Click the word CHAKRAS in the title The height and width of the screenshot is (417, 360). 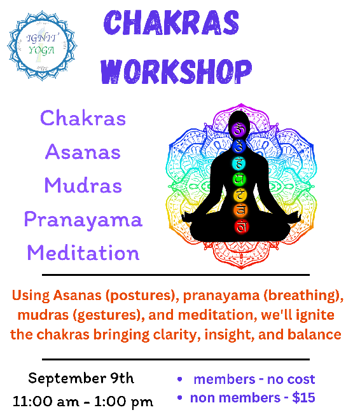(x=171, y=23)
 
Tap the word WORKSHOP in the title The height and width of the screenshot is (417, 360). (x=176, y=71)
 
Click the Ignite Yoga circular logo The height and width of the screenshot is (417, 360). (x=42, y=46)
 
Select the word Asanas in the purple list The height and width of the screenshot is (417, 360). (x=83, y=152)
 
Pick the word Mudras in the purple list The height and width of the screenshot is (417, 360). (x=83, y=185)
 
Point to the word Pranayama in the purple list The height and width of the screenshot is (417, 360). (x=83, y=220)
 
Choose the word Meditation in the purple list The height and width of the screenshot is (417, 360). (x=83, y=252)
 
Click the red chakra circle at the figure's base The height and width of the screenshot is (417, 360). (x=241, y=226)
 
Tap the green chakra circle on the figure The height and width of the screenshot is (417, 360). (x=239, y=179)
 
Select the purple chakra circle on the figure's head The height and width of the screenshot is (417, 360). (x=239, y=130)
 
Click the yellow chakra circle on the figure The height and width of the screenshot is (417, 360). (x=240, y=196)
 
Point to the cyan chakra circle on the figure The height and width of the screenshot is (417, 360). (x=239, y=163)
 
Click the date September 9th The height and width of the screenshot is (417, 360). (x=81, y=378)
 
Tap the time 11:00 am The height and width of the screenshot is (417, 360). (x=46, y=401)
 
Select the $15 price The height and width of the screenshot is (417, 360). (x=303, y=398)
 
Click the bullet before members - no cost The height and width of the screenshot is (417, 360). (x=180, y=379)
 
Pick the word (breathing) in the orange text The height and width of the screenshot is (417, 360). (x=303, y=296)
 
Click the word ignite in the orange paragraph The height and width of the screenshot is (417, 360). (x=315, y=315)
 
